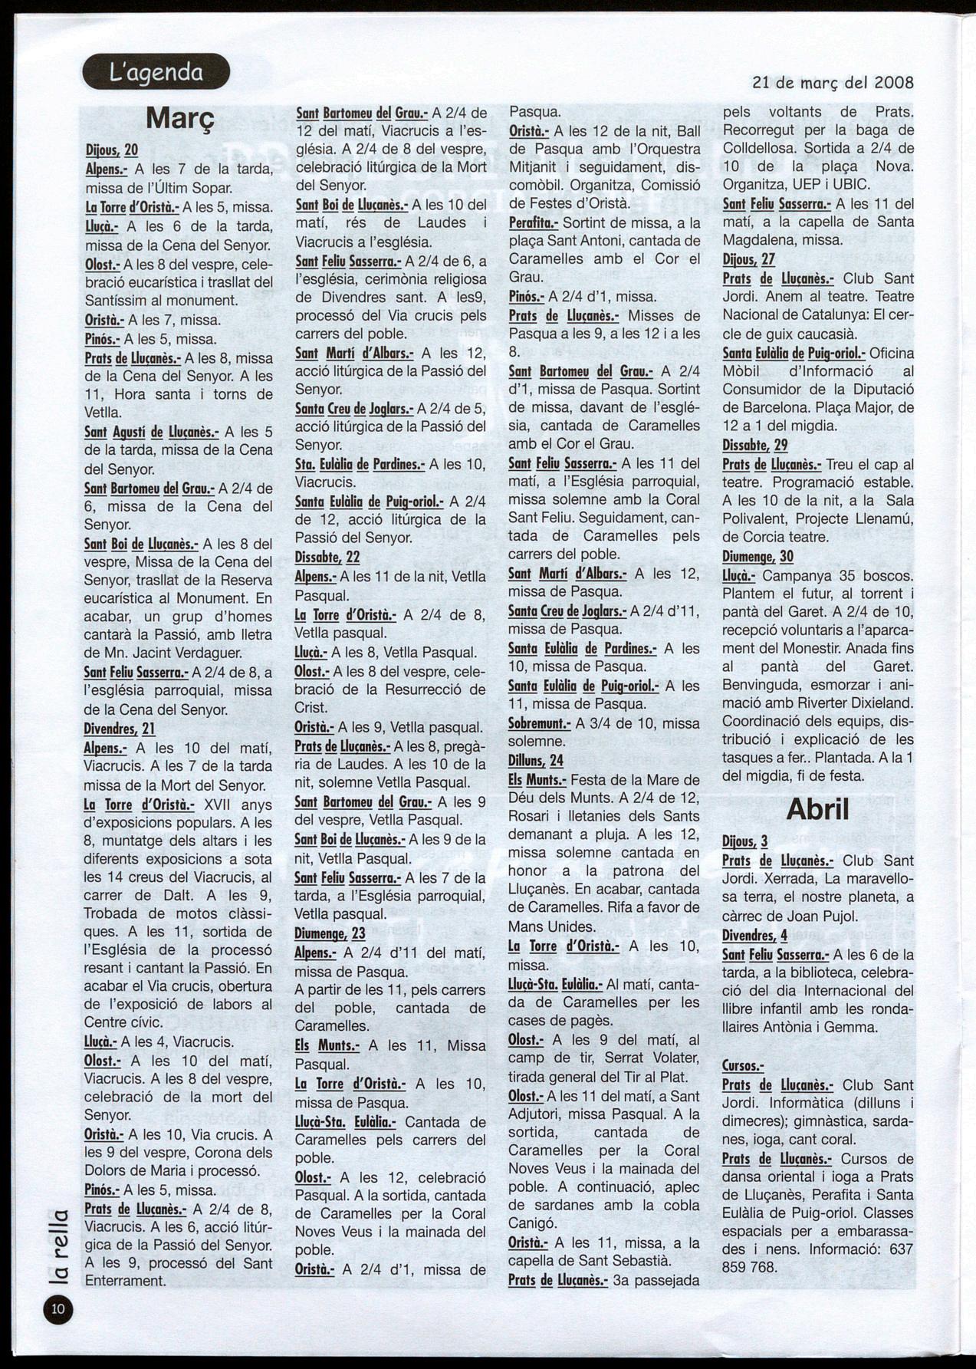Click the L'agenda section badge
point(156,72)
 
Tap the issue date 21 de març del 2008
point(833,82)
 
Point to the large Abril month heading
point(818,808)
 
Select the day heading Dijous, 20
point(111,150)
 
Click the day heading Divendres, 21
point(120,729)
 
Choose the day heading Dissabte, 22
point(327,557)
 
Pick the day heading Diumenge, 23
point(330,933)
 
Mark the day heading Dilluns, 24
point(536,761)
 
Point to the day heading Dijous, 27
point(749,259)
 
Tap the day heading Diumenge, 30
point(757,557)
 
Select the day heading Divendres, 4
point(754,936)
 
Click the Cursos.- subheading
point(743,1066)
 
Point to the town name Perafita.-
point(534,222)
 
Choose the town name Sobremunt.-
point(540,723)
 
